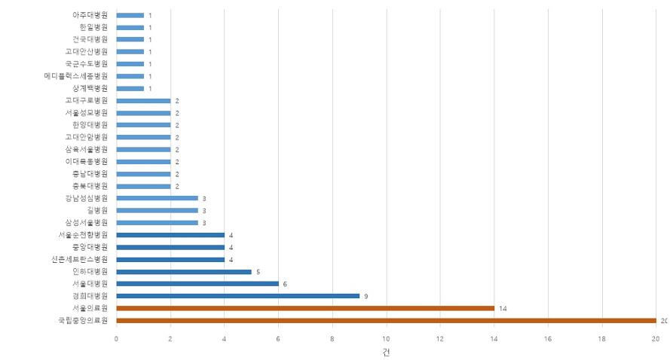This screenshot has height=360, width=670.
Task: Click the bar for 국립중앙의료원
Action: click(386, 320)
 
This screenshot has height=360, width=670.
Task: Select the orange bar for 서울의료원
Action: click(305, 308)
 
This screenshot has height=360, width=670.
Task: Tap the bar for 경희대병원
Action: click(238, 296)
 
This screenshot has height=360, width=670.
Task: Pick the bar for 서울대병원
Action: click(197, 284)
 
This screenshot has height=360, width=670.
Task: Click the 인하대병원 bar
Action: click(184, 271)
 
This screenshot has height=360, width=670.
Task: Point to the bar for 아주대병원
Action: click(130, 15)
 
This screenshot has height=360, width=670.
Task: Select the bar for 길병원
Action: click(158, 211)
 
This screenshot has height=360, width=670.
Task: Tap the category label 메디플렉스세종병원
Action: click(76, 76)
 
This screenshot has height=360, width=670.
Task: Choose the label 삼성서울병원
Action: click(87, 223)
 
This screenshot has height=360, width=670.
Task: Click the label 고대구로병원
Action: click(87, 100)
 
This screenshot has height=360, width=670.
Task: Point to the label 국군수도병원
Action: click(87, 64)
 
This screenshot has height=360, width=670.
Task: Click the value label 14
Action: click(503, 309)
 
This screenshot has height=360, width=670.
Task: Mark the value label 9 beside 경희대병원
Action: click(366, 296)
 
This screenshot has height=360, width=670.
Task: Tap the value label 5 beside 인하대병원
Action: click(258, 272)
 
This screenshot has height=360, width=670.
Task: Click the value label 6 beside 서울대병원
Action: click(285, 284)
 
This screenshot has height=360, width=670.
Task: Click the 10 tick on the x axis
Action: click(386, 339)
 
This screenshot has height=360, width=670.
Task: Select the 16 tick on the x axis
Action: click(548, 339)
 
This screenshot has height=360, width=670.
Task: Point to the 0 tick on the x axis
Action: click(116, 339)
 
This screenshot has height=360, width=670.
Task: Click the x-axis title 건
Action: click(386, 352)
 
